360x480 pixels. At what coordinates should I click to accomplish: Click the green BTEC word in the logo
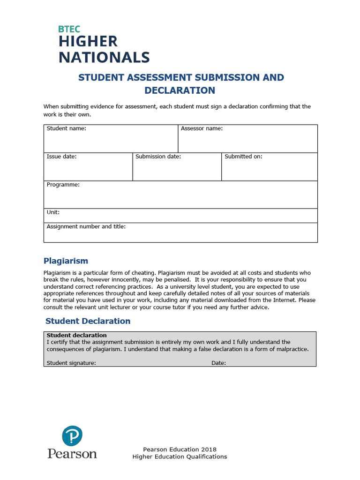point(69,29)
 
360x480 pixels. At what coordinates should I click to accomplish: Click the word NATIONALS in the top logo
point(104,57)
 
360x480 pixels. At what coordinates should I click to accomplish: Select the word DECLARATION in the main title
point(180,90)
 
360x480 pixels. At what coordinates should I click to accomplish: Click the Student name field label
point(66,128)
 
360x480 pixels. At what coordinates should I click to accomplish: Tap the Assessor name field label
point(202,128)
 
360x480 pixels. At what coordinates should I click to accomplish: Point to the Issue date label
point(61,157)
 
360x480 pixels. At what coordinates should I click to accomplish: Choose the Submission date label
point(158,157)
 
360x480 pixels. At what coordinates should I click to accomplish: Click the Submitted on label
point(243,157)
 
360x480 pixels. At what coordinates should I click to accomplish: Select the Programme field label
point(63,185)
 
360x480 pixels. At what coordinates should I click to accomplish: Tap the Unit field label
point(53,212)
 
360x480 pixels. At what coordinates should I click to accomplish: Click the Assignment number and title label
point(86,226)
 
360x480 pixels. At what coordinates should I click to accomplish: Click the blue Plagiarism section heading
point(66,261)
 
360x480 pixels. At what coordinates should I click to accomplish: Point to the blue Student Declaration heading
point(88,321)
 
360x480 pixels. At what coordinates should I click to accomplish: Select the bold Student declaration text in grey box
point(76,335)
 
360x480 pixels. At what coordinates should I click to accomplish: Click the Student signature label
point(71,363)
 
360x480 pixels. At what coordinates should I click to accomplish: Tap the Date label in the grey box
point(218,363)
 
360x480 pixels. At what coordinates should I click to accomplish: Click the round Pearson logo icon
point(72,436)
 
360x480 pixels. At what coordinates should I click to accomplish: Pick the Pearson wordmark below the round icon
point(72,453)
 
